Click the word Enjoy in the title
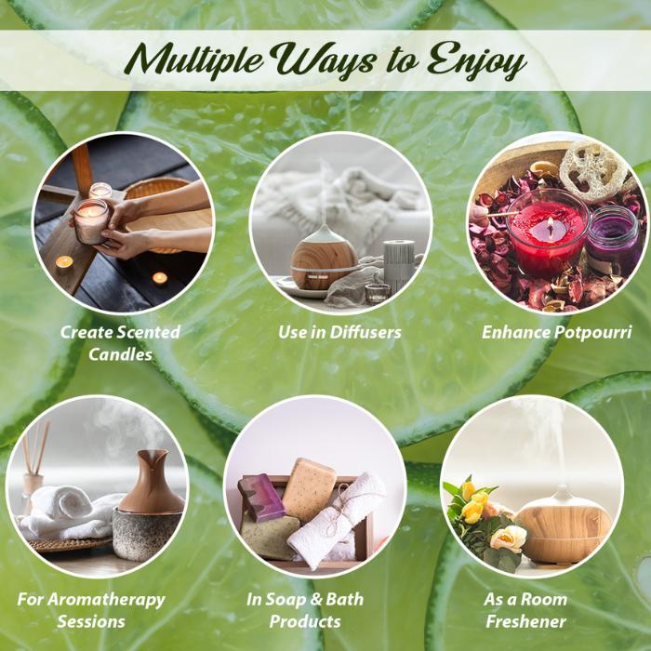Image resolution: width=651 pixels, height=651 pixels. (476, 61)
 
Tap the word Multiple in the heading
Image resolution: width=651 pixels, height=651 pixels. (193, 60)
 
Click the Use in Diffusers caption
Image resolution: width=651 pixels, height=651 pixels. (339, 332)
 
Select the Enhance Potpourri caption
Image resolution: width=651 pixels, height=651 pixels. (557, 333)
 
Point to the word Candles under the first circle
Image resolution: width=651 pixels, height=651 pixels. (120, 354)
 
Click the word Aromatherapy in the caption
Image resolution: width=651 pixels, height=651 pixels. (106, 601)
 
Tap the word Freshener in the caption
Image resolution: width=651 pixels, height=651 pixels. (525, 621)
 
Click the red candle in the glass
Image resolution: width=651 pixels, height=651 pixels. (547, 232)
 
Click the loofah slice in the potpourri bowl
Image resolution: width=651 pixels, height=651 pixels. (593, 170)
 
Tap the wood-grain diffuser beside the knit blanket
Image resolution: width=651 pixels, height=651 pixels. (324, 258)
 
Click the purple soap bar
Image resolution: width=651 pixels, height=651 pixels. (260, 497)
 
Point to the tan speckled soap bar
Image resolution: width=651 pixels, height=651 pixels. (309, 489)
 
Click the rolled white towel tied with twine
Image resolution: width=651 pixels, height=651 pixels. (336, 521)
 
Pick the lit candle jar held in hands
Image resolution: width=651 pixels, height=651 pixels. (91, 221)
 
